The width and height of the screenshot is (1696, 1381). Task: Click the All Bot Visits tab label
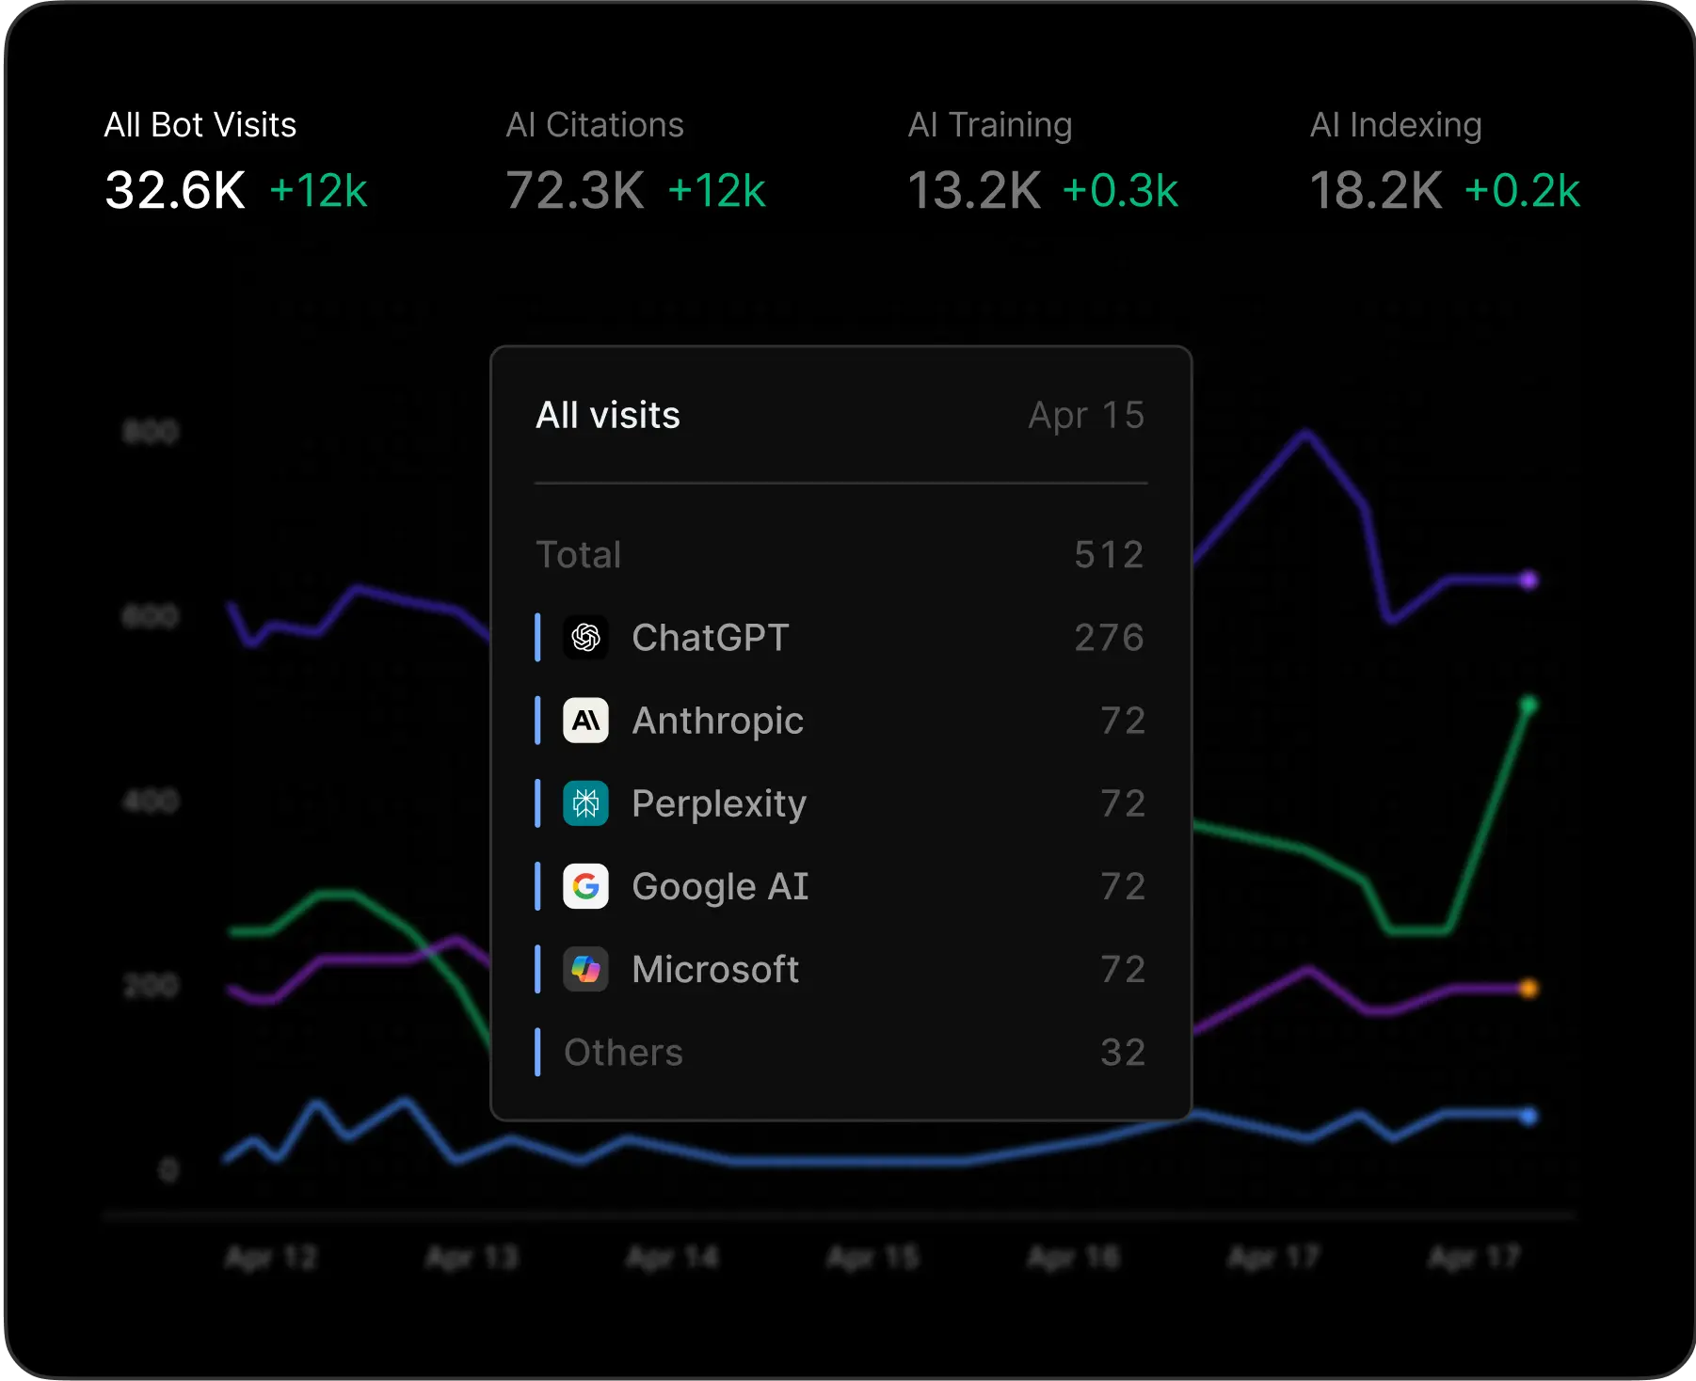click(x=200, y=125)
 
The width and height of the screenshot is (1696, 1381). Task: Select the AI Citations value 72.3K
click(x=575, y=190)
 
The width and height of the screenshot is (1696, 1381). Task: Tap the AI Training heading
click(x=989, y=125)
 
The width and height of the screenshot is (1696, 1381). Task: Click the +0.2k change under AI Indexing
click(x=1521, y=191)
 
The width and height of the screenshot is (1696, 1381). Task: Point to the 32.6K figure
click(x=175, y=190)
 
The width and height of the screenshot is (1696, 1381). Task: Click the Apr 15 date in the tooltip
click(x=1086, y=415)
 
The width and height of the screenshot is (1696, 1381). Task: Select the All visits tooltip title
click(x=608, y=415)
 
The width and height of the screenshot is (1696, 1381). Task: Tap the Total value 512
click(x=1109, y=554)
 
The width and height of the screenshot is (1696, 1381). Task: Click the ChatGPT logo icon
click(x=585, y=638)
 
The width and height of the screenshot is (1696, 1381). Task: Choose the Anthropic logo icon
click(x=585, y=721)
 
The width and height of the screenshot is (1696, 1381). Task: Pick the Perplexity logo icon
click(x=585, y=803)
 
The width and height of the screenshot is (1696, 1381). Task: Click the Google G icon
click(x=585, y=886)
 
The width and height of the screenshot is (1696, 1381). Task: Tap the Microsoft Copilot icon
click(x=585, y=969)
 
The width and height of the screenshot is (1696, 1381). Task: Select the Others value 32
click(x=1123, y=1052)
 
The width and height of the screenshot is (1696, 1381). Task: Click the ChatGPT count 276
click(x=1109, y=638)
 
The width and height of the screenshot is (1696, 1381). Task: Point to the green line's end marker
click(x=1528, y=705)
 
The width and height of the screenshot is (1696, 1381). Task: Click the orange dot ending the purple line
click(x=1528, y=989)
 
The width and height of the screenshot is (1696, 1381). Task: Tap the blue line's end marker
click(x=1528, y=1116)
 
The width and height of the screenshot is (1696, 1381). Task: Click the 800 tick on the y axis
click(x=151, y=432)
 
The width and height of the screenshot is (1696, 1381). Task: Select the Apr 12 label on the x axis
click(x=271, y=1257)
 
